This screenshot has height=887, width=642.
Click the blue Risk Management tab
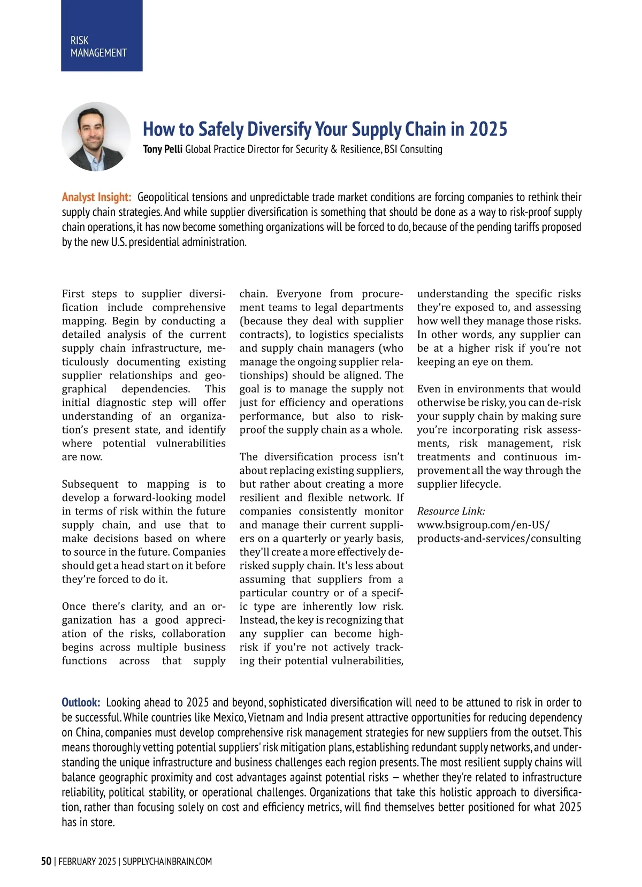tap(102, 35)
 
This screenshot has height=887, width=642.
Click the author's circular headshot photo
tap(96, 137)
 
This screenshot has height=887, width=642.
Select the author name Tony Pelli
tap(163, 149)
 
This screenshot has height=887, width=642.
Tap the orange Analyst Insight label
tap(96, 197)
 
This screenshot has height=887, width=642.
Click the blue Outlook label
tap(81, 702)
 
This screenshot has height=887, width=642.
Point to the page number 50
tap(47, 861)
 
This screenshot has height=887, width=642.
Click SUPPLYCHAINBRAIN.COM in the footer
tap(167, 861)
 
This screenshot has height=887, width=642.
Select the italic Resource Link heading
tap(451, 511)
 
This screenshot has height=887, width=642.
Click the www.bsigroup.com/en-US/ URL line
tap(483, 525)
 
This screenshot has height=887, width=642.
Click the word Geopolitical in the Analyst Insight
tap(167, 197)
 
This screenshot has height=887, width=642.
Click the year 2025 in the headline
tap(488, 129)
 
